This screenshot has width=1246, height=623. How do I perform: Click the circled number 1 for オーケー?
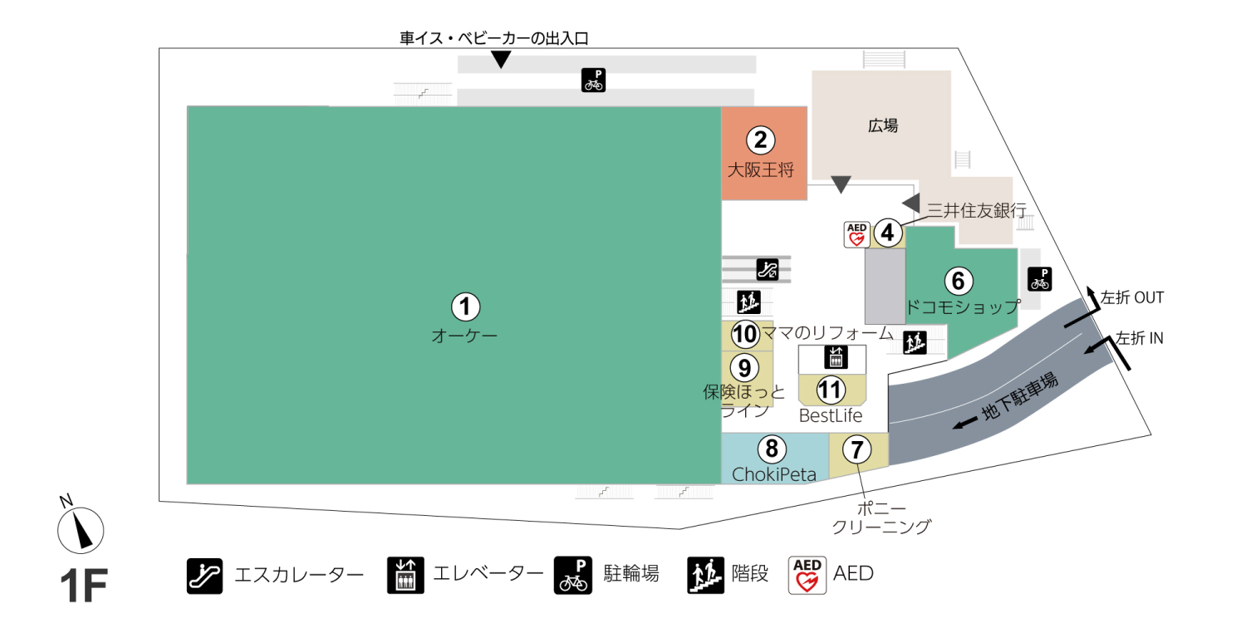tap(465, 307)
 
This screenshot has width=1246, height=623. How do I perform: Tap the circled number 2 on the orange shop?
tap(760, 140)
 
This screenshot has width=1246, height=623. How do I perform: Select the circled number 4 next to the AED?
tap(888, 233)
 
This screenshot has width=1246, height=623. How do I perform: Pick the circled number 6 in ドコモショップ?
tap(958, 282)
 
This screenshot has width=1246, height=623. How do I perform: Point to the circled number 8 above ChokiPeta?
tap(772, 449)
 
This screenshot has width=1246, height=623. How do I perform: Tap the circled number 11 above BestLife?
tap(831, 389)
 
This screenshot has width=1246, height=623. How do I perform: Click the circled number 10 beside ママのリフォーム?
tap(745, 334)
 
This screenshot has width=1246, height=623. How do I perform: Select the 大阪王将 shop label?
tap(761, 171)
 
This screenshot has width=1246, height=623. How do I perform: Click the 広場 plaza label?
tap(883, 126)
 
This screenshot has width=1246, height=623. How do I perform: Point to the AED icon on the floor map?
tap(856, 234)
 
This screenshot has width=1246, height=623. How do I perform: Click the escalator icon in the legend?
tap(204, 575)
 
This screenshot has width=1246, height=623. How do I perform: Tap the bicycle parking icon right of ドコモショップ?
tap(1039, 278)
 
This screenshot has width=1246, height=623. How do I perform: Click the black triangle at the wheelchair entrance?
tap(500, 60)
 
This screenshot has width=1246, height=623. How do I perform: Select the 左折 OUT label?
tap(1132, 297)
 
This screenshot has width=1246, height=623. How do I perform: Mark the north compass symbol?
tap(81, 528)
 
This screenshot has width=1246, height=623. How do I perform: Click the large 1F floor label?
tap(83, 586)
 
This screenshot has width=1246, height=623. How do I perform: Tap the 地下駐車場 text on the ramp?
tap(1019, 400)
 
